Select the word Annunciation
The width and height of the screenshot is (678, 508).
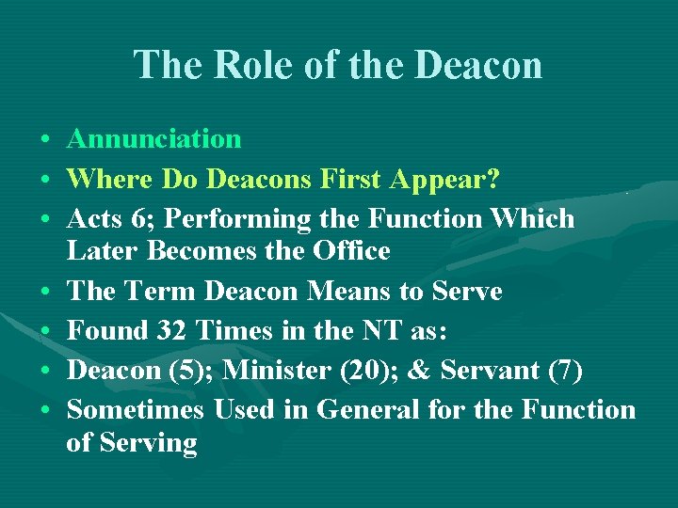click(x=153, y=139)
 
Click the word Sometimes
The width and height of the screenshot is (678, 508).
click(x=136, y=410)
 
